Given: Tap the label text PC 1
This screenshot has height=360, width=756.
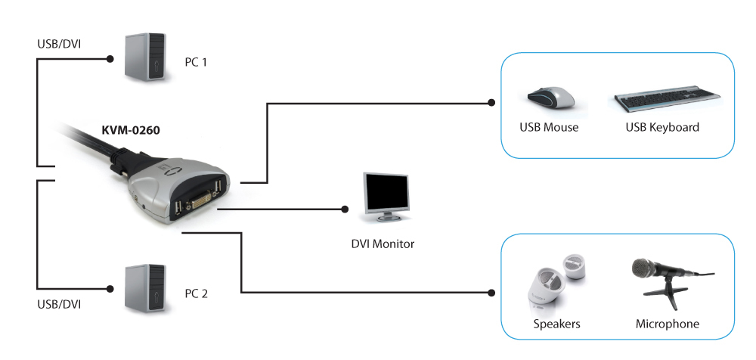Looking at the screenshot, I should pyautogui.click(x=195, y=62).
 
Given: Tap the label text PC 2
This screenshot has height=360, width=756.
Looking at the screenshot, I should pyautogui.click(x=195, y=293).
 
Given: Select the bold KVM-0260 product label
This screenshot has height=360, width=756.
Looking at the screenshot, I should pyautogui.click(x=131, y=129).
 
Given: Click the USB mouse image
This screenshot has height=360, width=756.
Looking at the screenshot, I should pyautogui.click(x=550, y=98).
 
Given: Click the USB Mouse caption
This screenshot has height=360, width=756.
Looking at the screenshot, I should pyautogui.click(x=549, y=127).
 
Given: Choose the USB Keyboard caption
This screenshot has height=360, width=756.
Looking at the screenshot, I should pyautogui.click(x=662, y=127).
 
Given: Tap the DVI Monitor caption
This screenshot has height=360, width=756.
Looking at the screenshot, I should pyautogui.click(x=383, y=244).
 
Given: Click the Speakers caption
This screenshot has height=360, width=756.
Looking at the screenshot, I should pyautogui.click(x=556, y=324).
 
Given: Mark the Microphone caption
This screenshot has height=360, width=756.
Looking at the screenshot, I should pyautogui.click(x=668, y=324).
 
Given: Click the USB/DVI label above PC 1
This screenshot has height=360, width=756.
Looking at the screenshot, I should pyautogui.click(x=59, y=43).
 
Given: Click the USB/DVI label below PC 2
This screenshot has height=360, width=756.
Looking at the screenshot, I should pyautogui.click(x=59, y=304).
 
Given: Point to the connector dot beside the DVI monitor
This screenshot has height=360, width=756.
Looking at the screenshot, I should pyautogui.click(x=345, y=208).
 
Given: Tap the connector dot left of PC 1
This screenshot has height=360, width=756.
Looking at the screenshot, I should pyautogui.click(x=111, y=57).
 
